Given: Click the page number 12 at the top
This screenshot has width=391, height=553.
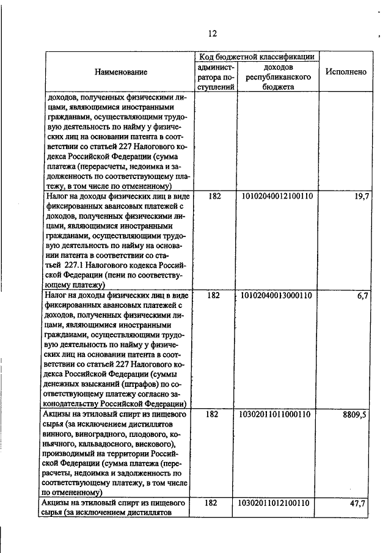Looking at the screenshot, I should coord(213,34).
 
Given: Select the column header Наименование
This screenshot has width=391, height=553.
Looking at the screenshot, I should coord(121,72).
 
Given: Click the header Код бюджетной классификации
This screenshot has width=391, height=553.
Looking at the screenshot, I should coord(256,56).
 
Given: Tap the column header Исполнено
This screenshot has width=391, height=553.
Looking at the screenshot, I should coord(346,71).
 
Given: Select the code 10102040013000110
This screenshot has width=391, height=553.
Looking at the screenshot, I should coord(277,295).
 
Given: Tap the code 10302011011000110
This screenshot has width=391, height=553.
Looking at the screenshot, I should coord(277,414).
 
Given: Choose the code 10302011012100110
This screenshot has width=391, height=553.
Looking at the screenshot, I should coord(277,503).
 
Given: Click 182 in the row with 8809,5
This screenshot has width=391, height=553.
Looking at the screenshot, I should coord(213,414).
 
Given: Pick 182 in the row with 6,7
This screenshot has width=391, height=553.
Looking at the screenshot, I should coord(213,295).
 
